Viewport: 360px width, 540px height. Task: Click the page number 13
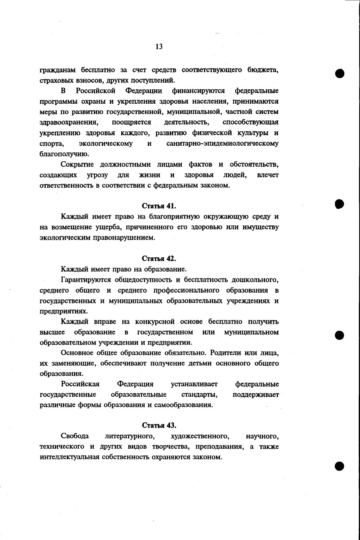[159, 46]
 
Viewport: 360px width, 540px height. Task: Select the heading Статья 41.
[159, 206]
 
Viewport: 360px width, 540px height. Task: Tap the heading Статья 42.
[159, 259]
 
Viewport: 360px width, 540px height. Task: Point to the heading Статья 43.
[159, 425]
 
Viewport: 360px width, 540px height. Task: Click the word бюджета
[263, 70]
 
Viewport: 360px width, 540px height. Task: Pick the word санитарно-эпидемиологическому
[222, 143]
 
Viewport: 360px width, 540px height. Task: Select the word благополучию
[64, 154]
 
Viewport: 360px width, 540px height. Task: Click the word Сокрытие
[77, 165]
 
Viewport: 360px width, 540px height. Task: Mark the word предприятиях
[64, 311]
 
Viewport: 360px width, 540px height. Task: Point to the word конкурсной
[155, 321]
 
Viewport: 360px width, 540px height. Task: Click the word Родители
[225, 353]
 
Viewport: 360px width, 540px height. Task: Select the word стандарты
[199, 394]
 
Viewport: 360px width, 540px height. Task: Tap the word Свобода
[74, 436]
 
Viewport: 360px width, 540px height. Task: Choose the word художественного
[200, 436]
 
